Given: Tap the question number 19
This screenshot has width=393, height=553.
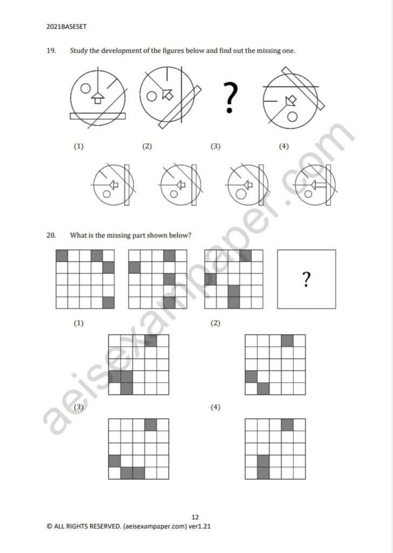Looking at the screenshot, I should coord(51,51).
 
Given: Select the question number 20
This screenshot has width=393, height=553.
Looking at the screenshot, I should coord(52,235).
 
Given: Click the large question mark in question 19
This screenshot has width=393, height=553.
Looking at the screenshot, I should coord(230,98).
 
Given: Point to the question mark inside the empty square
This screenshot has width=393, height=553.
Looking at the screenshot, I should coord(306,279).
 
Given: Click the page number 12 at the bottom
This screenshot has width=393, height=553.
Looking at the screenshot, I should coord(195,517).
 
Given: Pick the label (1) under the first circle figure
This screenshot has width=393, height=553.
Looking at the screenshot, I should coord(79,146).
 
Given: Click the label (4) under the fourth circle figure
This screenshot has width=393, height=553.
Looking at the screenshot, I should coord(284,146).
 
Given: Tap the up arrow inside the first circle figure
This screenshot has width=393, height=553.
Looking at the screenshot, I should coord(98,97).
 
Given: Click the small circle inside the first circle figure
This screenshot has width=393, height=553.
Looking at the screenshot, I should coord(85,88).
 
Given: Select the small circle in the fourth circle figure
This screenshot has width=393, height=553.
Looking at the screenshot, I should coord(292,116).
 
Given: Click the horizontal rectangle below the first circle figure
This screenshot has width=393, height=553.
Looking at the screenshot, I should coord(98,116).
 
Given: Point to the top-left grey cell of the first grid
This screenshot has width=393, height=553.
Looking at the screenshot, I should coord(62,255).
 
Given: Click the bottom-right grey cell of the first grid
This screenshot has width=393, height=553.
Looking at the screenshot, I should coord(108,302).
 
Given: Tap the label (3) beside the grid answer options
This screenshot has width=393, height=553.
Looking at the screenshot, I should coord(79,407).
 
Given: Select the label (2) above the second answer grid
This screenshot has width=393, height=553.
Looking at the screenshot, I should coord(216,323).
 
